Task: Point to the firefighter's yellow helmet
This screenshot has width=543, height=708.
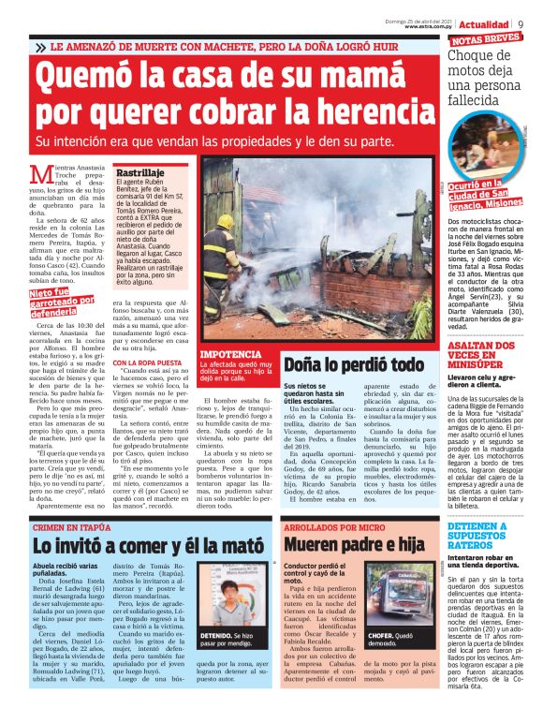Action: coord(225,222)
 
